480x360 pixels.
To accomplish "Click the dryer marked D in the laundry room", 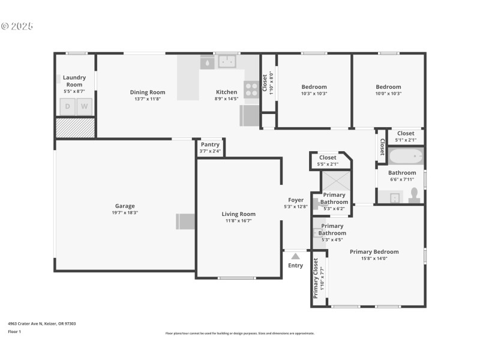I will coord(67,107).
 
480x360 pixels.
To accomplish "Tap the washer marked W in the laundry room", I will coord(85,107).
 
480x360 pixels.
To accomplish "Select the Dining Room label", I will coord(148,92).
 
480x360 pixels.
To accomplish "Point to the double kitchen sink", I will coord(227,61).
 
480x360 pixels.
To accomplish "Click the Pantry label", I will coord(210,145).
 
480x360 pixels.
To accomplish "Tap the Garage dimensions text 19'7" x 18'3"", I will coord(125,212).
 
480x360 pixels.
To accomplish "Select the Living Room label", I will coord(239,214).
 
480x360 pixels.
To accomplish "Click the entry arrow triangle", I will coord(295,256).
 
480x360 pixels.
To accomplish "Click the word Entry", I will coord(296,265).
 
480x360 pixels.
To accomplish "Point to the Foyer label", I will coord(296,200).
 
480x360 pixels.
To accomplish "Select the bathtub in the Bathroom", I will coord(406,157).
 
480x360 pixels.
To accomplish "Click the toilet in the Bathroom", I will coord(414,196).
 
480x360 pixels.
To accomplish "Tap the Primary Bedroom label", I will coord(374,252).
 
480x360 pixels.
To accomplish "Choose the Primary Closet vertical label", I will coord(316,278).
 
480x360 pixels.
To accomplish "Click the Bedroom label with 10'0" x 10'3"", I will coord(388,87).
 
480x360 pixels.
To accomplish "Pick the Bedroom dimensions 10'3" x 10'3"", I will coord(314,94).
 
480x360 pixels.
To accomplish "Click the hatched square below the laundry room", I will coord(75,128).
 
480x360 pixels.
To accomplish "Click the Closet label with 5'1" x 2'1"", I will coord(406,133).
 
